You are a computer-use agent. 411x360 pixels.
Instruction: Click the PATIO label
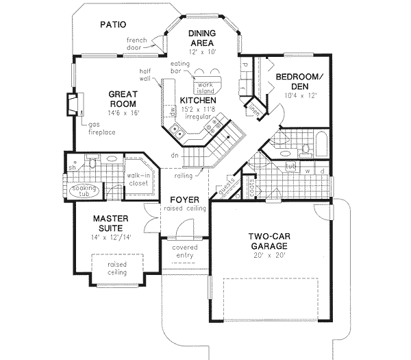point(113,24)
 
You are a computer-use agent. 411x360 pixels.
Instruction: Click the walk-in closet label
point(139,180)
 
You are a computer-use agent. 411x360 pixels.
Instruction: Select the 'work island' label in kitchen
point(204,87)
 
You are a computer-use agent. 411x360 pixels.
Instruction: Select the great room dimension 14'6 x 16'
point(123,112)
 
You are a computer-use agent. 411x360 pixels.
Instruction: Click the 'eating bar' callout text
point(180,67)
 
